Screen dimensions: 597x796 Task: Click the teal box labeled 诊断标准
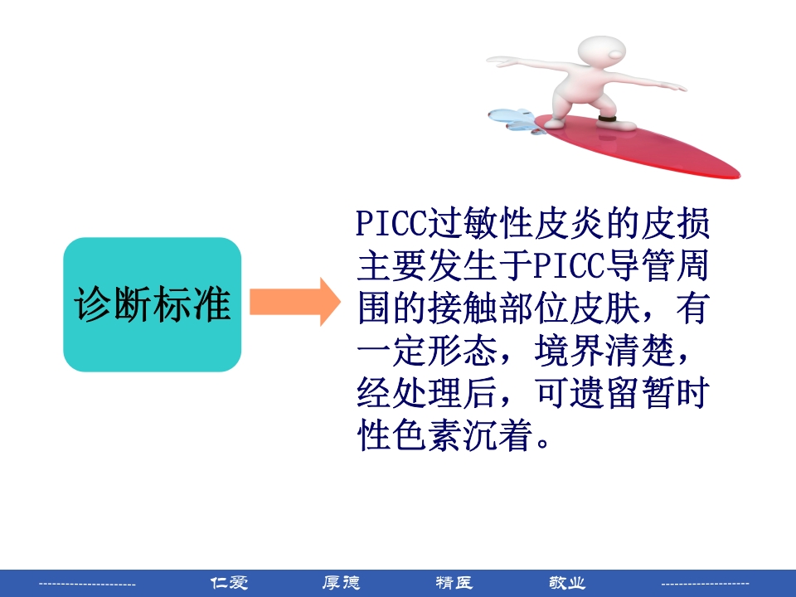click(152, 304)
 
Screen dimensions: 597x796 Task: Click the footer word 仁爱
click(229, 583)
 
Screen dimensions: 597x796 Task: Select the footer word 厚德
click(341, 583)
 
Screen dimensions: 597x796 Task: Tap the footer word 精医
click(454, 583)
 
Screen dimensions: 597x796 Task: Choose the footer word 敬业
click(567, 583)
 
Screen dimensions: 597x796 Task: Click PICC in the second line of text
click(565, 267)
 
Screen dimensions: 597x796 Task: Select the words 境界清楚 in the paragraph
click(619, 352)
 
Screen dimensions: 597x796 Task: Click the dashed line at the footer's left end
click(87, 585)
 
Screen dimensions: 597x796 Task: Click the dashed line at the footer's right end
click(705, 585)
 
